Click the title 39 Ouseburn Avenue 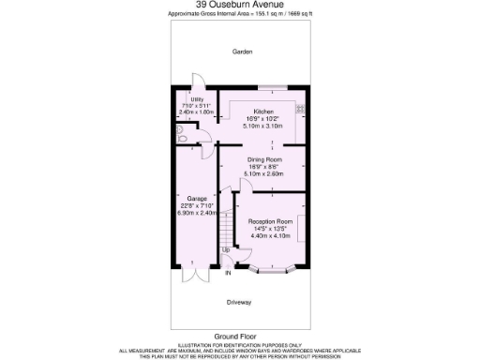(x=240, y=4)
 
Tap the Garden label (x=243, y=52)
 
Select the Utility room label (x=197, y=99)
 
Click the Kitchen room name (x=262, y=112)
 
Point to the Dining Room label (x=262, y=159)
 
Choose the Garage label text (x=197, y=200)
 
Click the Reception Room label (x=270, y=222)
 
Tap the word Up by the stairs (x=225, y=250)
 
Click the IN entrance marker (x=227, y=273)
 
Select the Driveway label (x=242, y=303)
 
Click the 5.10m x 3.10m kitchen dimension (x=262, y=125)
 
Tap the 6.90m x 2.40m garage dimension (x=197, y=213)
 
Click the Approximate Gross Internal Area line (x=240, y=13)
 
